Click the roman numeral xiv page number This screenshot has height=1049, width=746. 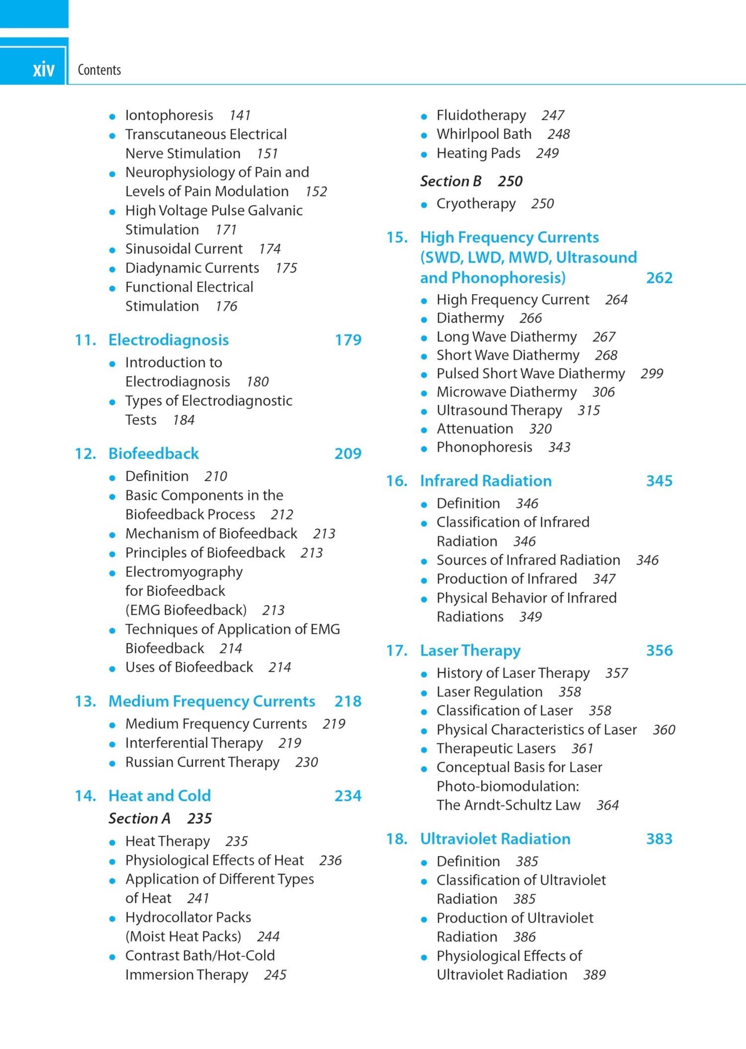[43, 69]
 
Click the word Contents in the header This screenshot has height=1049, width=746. [99, 70]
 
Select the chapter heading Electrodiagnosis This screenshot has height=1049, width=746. [169, 340]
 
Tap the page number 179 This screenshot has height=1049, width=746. [348, 340]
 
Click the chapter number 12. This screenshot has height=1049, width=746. [85, 454]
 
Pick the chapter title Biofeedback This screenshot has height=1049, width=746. [153, 454]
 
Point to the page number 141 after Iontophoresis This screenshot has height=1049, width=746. [240, 115]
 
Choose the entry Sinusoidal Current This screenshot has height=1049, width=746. [184, 249]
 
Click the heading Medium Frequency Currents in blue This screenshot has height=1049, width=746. [211, 701]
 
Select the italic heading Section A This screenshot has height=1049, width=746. [139, 818]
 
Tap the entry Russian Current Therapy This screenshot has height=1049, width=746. [202, 762]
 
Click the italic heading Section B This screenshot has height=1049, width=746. [451, 181]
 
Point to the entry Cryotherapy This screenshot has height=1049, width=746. [476, 204]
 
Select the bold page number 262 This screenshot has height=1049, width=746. [659, 278]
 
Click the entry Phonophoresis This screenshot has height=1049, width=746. [484, 447]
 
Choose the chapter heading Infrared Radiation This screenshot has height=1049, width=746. [485, 481]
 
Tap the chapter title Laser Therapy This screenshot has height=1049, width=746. [470, 651]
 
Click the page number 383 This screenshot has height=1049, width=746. [659, 839]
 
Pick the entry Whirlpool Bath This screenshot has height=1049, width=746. [483, 134]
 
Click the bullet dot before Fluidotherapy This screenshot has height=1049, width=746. [424, 117]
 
